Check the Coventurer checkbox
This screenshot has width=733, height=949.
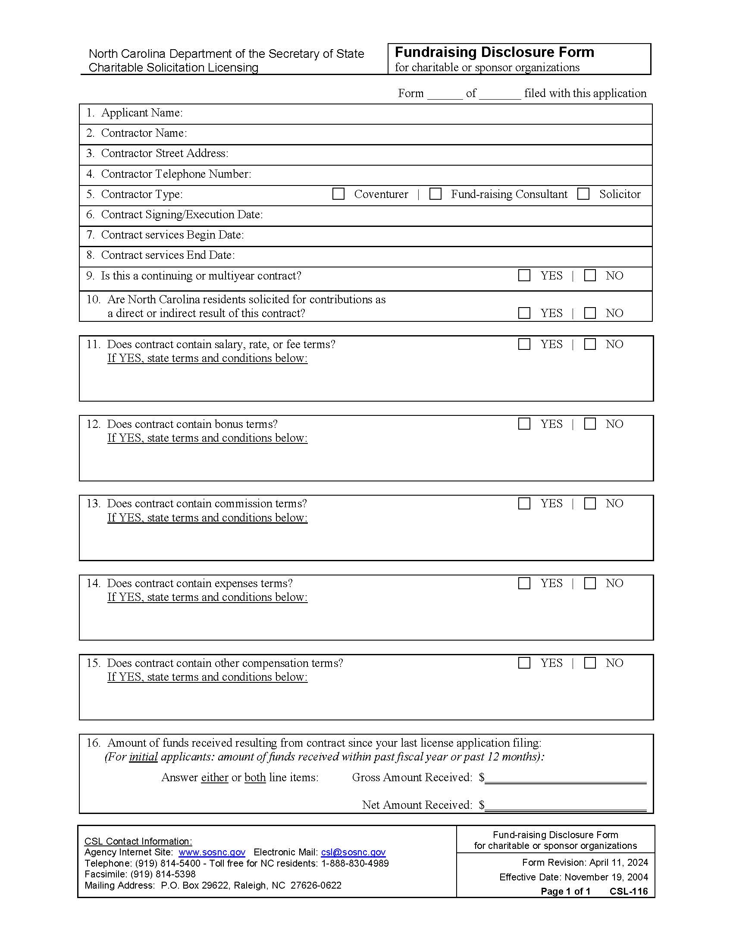[338, 194]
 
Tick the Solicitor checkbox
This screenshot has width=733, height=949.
[583, 194]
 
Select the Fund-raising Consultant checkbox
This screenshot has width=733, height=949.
[435, 194]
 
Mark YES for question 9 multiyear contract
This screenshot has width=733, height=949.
[524, 276]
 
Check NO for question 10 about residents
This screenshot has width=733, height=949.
[590, 313]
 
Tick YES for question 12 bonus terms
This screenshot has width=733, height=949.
[524, 424]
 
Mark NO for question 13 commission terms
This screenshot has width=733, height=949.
[590, 503]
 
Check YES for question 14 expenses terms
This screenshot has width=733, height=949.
[524, 583]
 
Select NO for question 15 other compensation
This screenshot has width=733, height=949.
[590, 663]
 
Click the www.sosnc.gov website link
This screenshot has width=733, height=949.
[212, 852]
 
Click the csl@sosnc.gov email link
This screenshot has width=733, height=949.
[353, 852]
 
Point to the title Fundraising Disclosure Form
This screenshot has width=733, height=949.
[494, 52]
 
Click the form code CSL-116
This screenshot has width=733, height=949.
[628, 891]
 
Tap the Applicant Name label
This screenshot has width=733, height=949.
[141, 113]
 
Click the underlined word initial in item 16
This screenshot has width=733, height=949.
[143, 757]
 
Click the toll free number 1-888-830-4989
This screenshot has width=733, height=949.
[355, 864]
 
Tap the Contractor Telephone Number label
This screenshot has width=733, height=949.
[176, 174]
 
